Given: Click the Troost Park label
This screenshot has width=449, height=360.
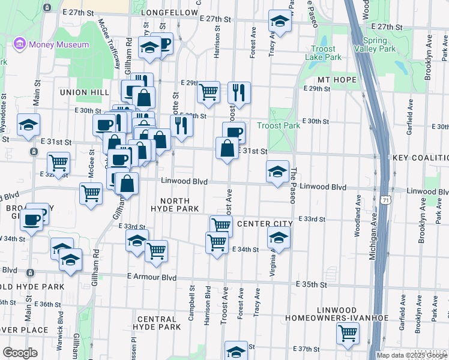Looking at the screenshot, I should (x=278, y=125).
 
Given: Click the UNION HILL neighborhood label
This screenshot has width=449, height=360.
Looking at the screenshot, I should (x=85, y=92).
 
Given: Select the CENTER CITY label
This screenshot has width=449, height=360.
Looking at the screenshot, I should (x=265, y=224).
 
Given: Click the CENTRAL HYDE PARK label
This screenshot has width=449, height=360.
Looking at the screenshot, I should (x=158, y=323).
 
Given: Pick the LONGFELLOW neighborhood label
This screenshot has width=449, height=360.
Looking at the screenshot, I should (x=169, y=12).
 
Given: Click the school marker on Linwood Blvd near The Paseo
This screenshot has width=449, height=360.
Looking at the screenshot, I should (x=277, y=172).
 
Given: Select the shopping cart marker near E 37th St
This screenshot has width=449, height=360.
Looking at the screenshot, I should (x=348, y=333).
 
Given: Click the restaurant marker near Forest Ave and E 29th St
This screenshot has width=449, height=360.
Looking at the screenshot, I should (x=239, y=92).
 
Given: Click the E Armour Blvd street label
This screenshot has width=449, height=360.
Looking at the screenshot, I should (x=152, y=278).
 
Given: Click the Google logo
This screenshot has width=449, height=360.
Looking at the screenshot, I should (x=20, y=353).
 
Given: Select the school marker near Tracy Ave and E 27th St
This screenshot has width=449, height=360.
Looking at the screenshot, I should (x=279, y=22).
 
